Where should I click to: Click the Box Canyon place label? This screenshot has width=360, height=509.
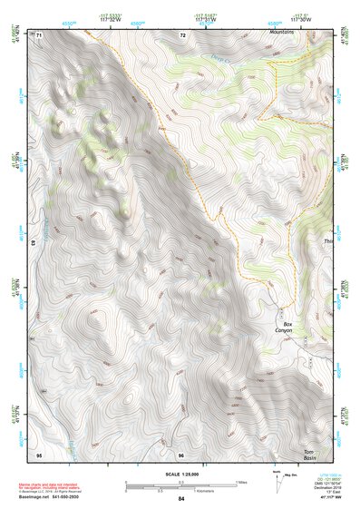(288, 328)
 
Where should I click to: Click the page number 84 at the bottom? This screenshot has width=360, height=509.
(180, 500)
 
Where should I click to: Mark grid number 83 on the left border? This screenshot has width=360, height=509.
(33, 243)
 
